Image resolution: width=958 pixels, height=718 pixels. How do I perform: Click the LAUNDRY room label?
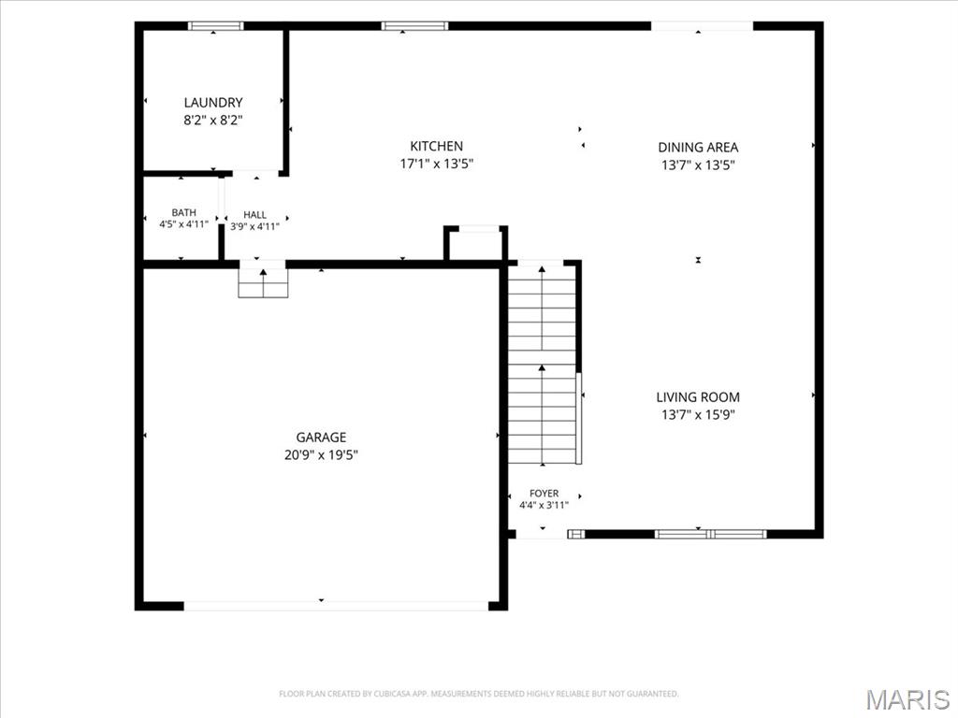point(213,103)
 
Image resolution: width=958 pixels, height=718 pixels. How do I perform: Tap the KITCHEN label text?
point(436,146)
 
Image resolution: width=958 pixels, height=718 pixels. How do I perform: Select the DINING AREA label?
point(698,147)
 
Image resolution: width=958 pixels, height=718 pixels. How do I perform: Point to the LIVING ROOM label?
point(698,397)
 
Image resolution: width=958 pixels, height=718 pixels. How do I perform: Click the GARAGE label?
point(321,438)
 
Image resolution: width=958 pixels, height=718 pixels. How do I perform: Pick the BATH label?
point(184,212)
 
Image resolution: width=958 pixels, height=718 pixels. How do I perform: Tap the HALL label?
point(254,215)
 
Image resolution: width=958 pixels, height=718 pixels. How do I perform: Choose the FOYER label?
point(544,494)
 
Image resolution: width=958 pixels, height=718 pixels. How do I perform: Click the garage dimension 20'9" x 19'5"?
point(321,455)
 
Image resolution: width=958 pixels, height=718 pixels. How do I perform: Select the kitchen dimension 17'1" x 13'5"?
point(436,164)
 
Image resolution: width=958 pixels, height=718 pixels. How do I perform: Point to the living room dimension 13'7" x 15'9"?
point(698,415)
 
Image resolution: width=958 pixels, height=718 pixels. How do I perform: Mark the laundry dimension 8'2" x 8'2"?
point(213,121)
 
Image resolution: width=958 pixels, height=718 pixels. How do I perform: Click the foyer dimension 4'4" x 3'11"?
point(544,505)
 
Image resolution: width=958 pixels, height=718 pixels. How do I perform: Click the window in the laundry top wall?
point(215,25)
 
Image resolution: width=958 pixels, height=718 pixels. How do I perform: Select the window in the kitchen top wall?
point(414,25)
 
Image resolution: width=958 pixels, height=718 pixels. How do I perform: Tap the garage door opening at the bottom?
point(336,606)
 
